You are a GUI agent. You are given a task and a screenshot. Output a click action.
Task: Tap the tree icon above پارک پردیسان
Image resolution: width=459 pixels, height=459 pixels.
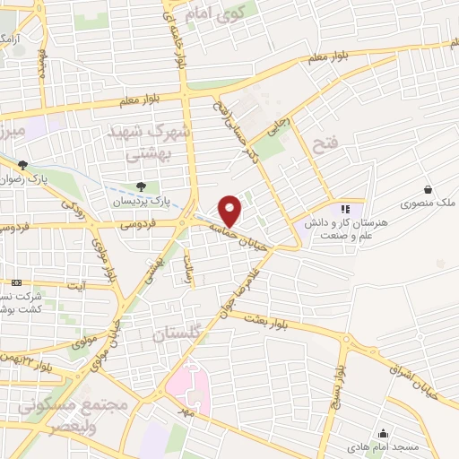coord(141,186)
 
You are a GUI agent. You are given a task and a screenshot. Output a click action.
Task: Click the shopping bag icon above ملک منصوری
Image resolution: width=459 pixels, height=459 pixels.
coord(428,189)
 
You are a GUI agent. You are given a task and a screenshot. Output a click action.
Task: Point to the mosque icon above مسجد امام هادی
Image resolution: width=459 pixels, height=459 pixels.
coord(383,433)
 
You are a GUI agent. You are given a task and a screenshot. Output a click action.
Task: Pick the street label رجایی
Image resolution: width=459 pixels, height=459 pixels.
coord(280,120)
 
